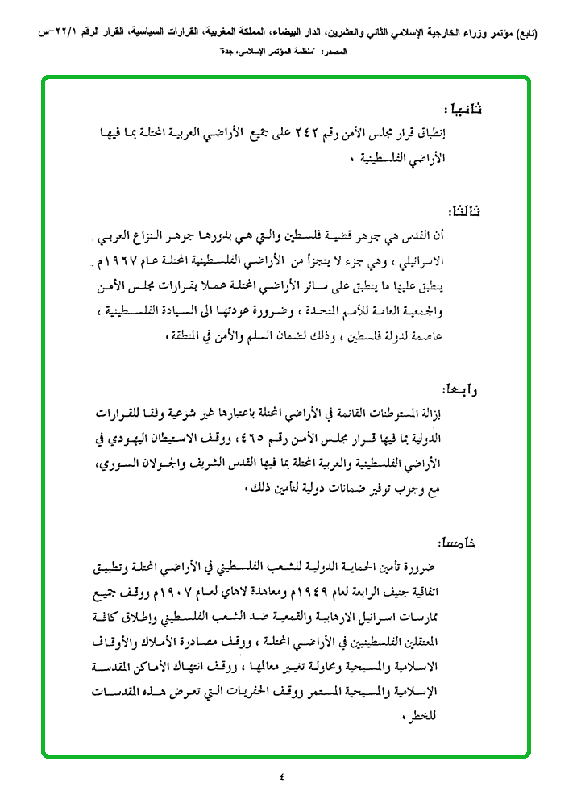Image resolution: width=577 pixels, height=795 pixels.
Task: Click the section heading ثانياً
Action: [x=462, y=108]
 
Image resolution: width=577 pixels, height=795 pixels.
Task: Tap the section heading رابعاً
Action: [x=460, y=390]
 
